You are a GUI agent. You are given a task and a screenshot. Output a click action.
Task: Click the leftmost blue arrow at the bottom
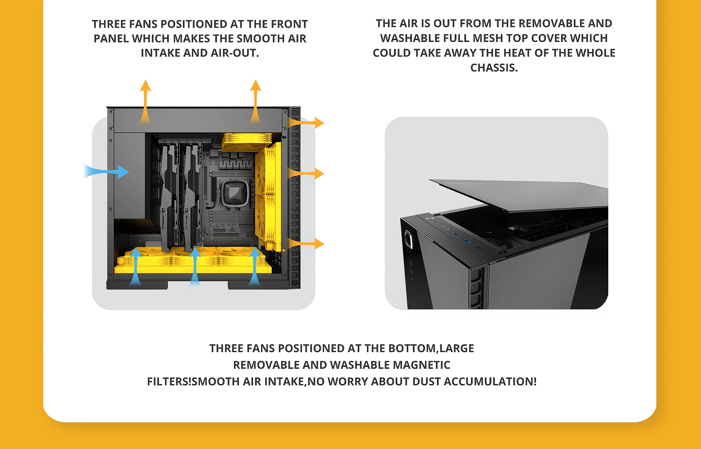[136, 266]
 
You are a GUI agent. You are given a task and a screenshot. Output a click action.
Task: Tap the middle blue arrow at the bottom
[195, 266]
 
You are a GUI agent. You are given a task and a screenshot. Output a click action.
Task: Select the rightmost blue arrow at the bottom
[254, 266]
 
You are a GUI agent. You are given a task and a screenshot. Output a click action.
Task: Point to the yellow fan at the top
[247, 142]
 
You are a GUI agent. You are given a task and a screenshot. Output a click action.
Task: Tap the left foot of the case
[137, 285]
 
